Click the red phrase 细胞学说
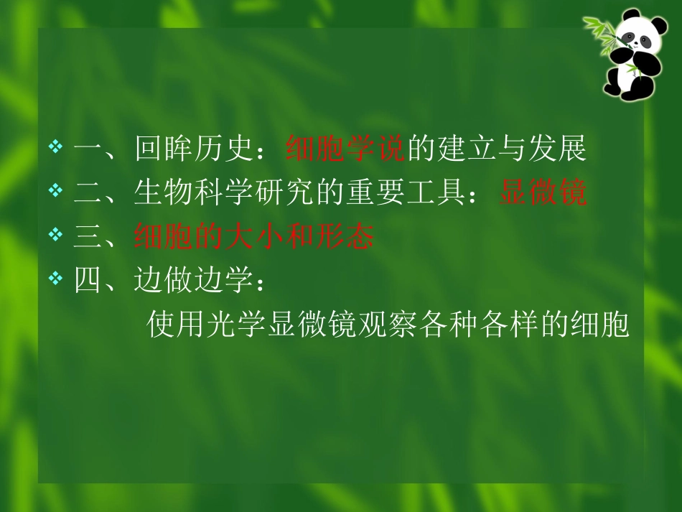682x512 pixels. tap(346, 149)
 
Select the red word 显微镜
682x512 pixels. tap(543, 193)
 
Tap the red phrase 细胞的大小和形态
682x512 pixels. tap(254, 236)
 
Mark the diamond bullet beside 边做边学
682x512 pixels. tap(56, 278)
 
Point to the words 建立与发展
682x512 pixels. tap(511, 149)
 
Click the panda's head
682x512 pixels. tap(633, 35)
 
